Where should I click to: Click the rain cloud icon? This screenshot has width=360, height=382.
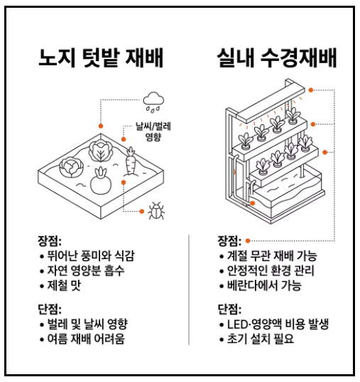click(153, 102)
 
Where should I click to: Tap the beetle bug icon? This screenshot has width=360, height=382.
click(156, 210)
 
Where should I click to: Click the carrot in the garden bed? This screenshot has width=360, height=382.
click(131, 161)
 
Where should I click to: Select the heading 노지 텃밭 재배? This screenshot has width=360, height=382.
click(101, 58)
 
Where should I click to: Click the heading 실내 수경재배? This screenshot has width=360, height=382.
click(277, 58)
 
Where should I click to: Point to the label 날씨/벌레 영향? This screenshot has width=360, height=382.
click(153, 131)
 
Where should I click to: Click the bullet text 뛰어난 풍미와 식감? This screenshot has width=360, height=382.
click(91, 256)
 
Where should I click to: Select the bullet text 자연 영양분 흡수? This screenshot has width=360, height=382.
click(86, 271)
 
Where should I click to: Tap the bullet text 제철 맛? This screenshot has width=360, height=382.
click(64, 285)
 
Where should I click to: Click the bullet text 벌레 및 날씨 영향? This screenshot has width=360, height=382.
click(87, 324)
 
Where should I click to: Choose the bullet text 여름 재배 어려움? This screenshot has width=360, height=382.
click(86, 339)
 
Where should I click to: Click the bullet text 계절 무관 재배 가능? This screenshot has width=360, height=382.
click(272, 256)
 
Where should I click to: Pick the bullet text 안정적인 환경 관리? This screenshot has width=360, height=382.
click(271, 271)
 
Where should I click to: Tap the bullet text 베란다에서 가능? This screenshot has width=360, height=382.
click(264, 285)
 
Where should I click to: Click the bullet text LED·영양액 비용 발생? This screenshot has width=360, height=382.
click(278, 324)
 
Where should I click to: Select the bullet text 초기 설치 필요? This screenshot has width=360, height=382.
click(261, 339)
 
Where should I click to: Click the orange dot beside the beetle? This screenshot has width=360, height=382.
click(141, 211)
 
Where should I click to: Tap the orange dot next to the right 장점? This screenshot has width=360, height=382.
click(248, 241)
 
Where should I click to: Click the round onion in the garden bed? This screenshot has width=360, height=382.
click(101, 182)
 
